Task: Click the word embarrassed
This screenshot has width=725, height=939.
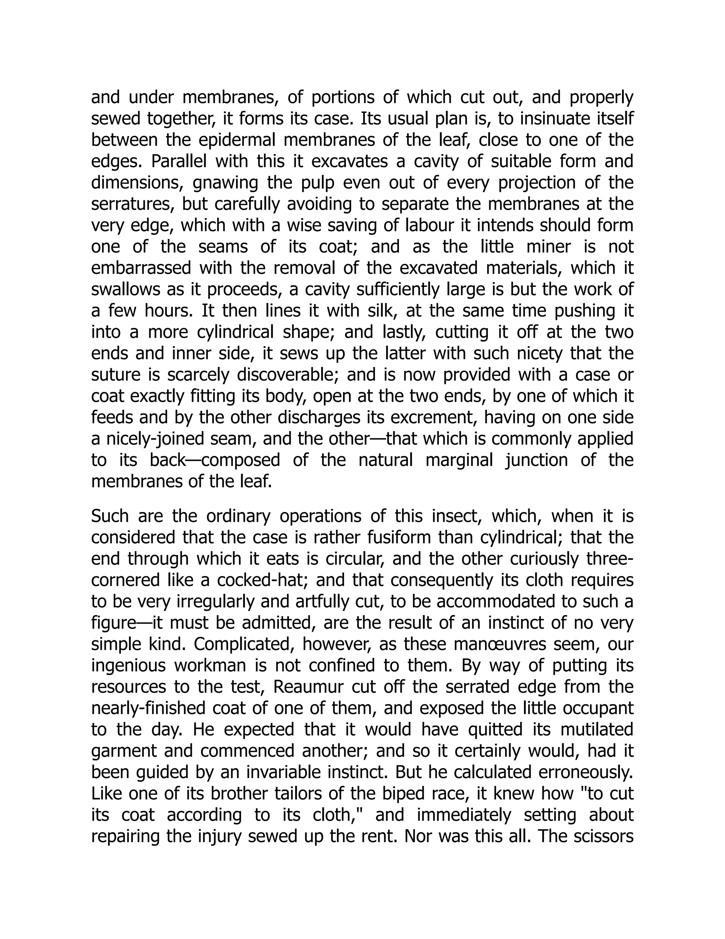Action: [141, 268]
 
